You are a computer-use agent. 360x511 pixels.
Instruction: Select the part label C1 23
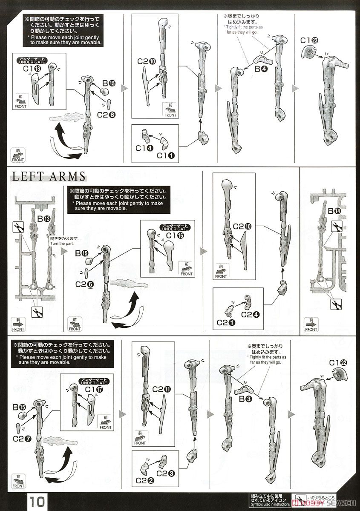click(309, 40)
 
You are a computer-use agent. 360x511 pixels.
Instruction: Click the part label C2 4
click(249, 315)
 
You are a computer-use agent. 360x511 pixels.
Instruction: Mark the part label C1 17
click(94, 389)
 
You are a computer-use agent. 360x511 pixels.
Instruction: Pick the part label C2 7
click(21, 439)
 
